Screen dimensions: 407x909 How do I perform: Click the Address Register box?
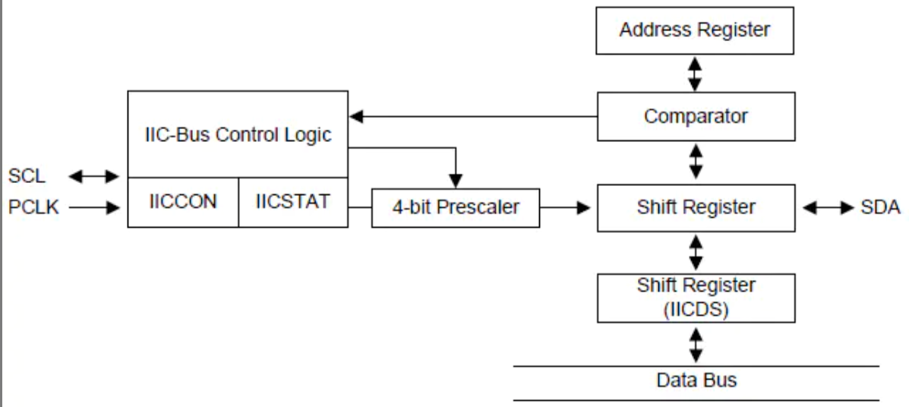tap(695, 30)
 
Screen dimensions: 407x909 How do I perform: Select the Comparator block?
tap(696, 116)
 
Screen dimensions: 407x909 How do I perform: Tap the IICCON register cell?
tap(182, 202)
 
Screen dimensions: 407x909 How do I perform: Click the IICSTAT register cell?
tap(292, 202)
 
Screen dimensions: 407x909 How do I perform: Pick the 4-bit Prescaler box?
tap(455, 207)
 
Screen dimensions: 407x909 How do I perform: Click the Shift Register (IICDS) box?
tap(696, 298)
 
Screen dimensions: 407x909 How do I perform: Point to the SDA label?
tap(880, 207)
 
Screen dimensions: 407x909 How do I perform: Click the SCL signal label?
tap(27, 177)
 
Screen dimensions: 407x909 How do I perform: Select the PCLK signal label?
tap(34, 207)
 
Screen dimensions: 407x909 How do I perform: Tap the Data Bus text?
tap(696, 380)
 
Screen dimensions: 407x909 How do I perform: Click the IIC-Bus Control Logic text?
tap(238, 135)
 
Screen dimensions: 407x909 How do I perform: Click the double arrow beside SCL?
tap(94, 177)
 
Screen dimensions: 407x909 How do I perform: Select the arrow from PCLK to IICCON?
tap(94, 207)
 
